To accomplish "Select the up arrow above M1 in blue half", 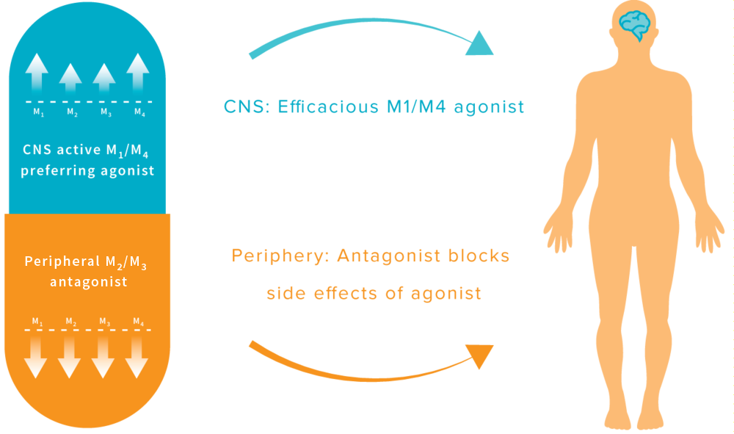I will pyautogui.click(x=36, y=73).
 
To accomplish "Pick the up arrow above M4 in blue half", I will pyautogui.click(x=137, y=73).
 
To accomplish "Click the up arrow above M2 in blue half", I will pyautogui.click(x=70, y=77).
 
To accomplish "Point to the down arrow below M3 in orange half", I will pyautogui.click(x=103, y=356).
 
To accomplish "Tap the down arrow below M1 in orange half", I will pyautogui.click(x=35, y=356).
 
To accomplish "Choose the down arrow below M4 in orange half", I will pyautogui.click(x=137, y=356).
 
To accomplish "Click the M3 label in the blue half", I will pyautogui.click(x=105, y=112).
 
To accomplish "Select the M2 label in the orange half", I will pyautogui.click(x=70, y=322).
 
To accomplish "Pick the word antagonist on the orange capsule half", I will pyautogui.click(x=88, y=281).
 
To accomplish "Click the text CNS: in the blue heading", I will pyautogui.click(x=247, y=107).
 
